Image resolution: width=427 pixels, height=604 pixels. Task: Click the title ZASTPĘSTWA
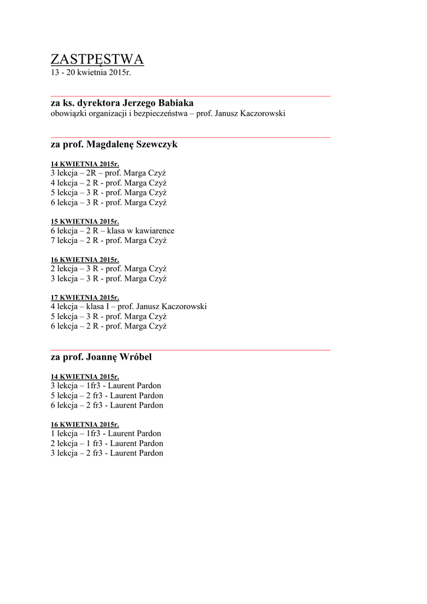click(97, 60)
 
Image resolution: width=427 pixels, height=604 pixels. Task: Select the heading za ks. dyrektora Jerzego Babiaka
click(122, 103)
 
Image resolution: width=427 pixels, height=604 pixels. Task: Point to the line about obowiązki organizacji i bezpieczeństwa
click(167, 113)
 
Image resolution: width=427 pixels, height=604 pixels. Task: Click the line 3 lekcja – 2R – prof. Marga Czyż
click(109, 173)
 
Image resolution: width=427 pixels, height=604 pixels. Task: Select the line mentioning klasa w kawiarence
click(112, 231)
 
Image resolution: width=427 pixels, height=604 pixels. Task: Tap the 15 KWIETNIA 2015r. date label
click(84, 221)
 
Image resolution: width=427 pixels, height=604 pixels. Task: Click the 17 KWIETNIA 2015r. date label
click(84, 297)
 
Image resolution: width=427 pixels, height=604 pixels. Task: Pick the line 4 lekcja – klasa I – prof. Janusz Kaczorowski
click(129, 307)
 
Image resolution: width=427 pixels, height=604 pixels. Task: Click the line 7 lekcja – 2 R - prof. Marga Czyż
click(109, 241)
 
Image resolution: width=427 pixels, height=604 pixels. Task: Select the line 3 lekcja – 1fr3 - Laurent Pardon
click(107, 386)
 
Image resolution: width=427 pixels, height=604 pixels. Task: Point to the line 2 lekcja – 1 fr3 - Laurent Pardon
click(107, 443)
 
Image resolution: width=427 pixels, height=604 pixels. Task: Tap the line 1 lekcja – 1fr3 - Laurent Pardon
click(107, 434)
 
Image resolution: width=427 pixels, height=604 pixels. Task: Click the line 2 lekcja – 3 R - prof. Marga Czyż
click(109, 268)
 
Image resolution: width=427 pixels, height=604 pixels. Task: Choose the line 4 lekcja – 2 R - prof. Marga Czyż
click(109, 183)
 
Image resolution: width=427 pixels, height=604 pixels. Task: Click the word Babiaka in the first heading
click(176, 103)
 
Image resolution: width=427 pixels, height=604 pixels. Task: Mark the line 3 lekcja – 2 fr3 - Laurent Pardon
click(107, 453)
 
